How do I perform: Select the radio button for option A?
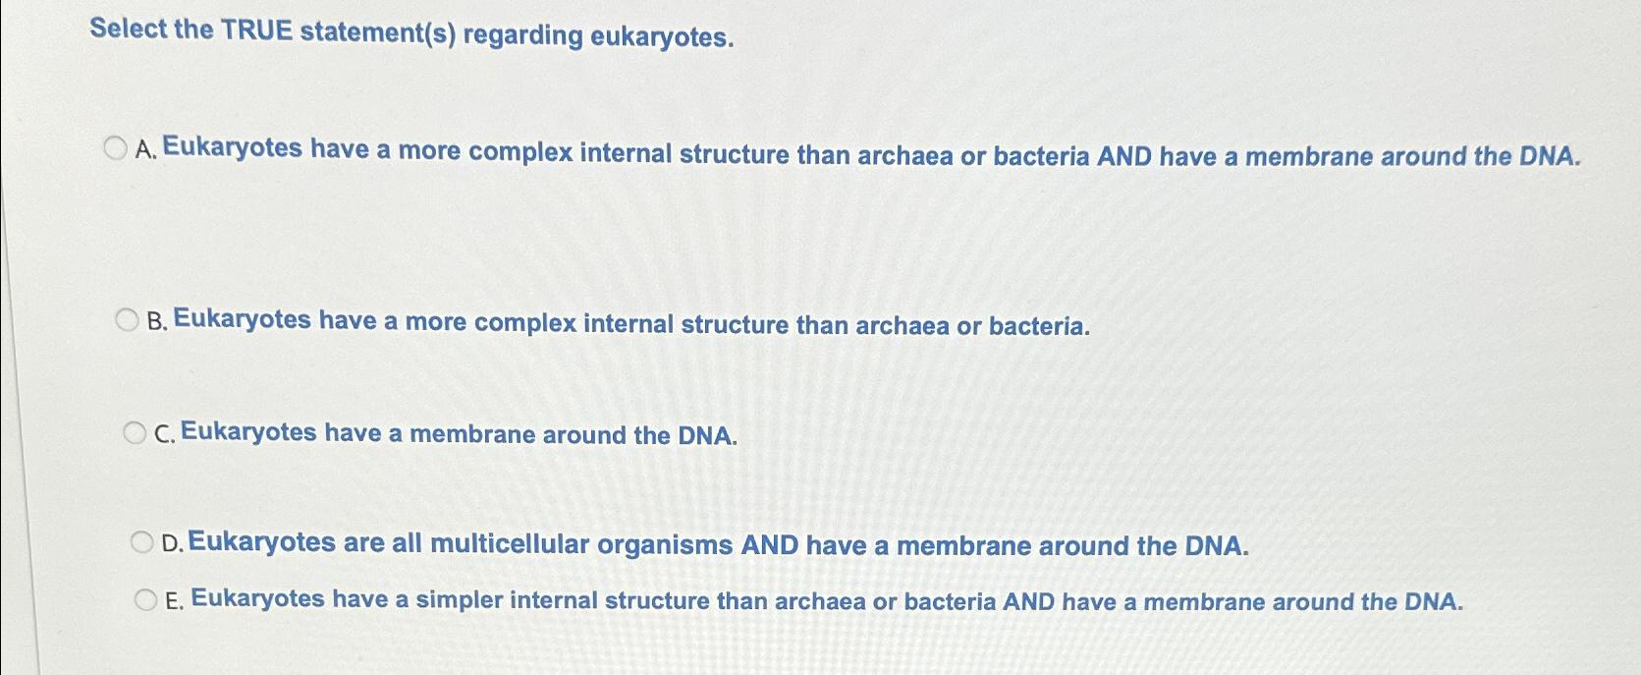116,149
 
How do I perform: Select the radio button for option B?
127,320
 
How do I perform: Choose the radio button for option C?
135,433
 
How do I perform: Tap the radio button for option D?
142,542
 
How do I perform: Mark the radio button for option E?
145,599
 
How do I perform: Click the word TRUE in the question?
257,31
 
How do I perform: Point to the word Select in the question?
129,28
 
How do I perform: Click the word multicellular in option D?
510,544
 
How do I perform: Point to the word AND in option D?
770,545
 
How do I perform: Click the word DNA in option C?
706,435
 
